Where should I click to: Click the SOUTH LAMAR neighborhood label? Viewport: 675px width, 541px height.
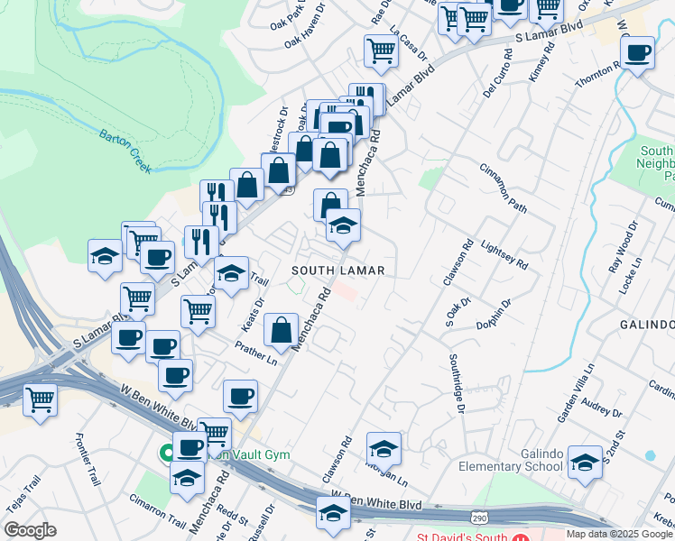338,270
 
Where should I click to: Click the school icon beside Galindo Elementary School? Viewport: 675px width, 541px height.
585,463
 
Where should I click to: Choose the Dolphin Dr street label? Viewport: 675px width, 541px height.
494,316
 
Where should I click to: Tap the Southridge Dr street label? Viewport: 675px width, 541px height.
457,384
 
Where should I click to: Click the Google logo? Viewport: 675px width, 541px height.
31,530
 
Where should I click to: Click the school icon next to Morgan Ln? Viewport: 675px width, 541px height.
384,448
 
